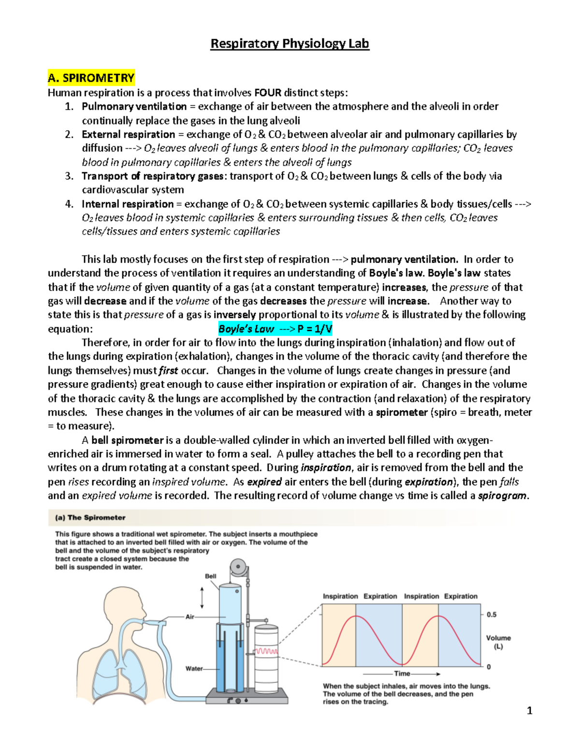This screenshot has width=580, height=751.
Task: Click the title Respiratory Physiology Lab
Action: pos(290,44)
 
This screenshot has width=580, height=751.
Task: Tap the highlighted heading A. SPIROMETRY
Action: pos(91,78)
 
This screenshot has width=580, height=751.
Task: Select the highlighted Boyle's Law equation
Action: pos(275,329)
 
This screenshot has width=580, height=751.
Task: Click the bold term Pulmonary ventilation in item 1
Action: pos(134,106)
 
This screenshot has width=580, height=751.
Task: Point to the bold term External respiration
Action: pos(128,134)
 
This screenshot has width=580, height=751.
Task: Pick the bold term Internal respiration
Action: pos(127,204)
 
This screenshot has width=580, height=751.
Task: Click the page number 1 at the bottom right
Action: pos(529,710)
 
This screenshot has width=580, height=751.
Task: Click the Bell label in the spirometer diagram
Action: pos(211,576)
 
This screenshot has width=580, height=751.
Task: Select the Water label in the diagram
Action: pos(194,669)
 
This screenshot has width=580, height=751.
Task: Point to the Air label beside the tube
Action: pos(190,617)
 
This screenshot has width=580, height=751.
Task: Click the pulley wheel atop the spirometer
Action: pos(237,566)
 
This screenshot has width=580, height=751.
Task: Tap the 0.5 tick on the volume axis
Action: pos(492,615)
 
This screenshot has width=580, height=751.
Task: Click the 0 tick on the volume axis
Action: pos(489,667)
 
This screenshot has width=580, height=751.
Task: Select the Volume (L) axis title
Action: pos(498,642)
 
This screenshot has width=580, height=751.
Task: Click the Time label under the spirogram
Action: pos(402,674)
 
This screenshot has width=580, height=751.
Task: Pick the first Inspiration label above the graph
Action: pos(340,596)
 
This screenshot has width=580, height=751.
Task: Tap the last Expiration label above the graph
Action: pos(461,596)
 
